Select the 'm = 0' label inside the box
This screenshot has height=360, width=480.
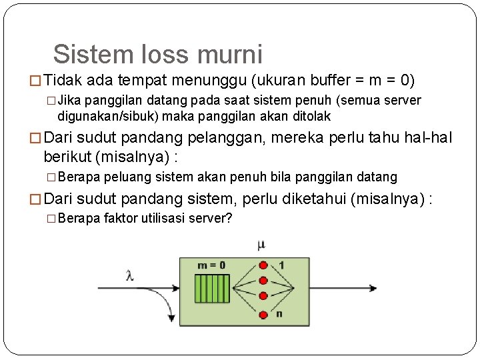click(211, 265)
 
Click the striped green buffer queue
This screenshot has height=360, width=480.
click(211, 289)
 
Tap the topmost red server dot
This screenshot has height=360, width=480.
click(263, 265)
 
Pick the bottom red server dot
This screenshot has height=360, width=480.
click(263, 315)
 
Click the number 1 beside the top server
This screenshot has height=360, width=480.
click(281, 265)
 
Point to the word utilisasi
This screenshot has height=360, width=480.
click(163, 218)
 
